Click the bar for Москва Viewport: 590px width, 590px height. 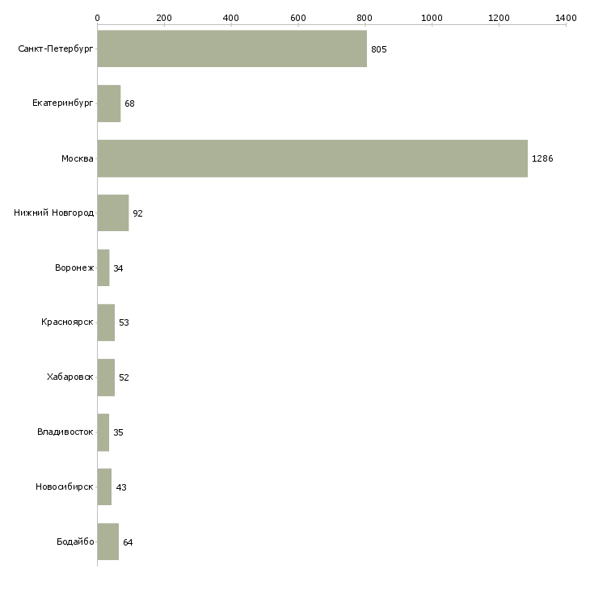pyautogui.click(x=312, y=158)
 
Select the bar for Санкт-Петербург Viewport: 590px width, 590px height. pyautogui.click(x=232, y=48)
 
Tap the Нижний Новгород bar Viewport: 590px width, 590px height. pyautogui.click(x=112, y=213)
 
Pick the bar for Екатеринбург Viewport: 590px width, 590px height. pyautogui.click(x=108, y=103)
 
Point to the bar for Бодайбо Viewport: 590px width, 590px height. pyautogui.click(x=107, y=542)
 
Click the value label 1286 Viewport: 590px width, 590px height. pyautogui.click(x=542, y=159)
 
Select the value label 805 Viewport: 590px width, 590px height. pyautogui.click(x=379, y=49)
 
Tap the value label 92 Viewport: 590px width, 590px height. pyautogui.click(x=137, y=213)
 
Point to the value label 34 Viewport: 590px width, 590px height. pyautogui.click(x=118, y=268)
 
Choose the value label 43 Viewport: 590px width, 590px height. pyautogui.click(x=121, y=487)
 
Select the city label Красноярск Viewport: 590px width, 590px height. pyautogui.click(x=67, y=322)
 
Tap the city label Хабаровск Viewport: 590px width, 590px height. pyautogui.click(x=70, y=377)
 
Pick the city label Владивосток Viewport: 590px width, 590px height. pyautogui.click(x=65, y=432)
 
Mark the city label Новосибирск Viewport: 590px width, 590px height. pyautogui.click(x=64, y=487)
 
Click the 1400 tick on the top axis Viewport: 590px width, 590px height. pyautogui.click(x=566, y=17)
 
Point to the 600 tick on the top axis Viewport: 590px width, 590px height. pyautogui.click(x=297, y=17)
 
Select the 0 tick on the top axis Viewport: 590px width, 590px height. pyautogui.click(x=97, y=17)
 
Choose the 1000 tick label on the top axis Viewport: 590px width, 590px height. pyautogui.click(x=432, y=17)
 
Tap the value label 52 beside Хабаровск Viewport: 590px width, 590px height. pyautogui.click(x=124, y=377)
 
